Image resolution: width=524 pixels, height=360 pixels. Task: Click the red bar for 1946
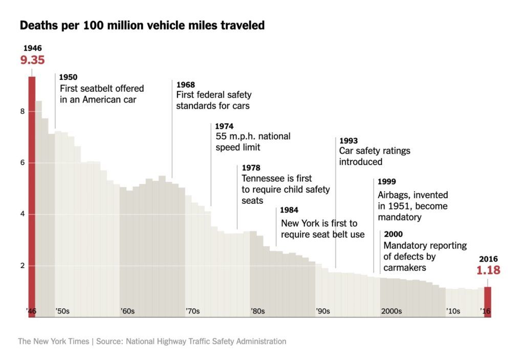[x=32, y=195]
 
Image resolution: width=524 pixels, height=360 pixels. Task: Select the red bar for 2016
[x=488, y=302]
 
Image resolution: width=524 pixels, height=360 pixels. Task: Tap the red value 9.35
[x=33, y=60]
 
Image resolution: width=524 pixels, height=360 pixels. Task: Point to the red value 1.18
[x=488, y=270]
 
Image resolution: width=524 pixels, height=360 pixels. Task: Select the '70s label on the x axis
[x=192, y=311]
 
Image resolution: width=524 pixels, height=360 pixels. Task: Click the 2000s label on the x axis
[x=391, y=311]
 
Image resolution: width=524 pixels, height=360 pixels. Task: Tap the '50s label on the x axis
[x=62, y=311]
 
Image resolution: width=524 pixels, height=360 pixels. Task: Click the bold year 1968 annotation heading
[x=186, y=84]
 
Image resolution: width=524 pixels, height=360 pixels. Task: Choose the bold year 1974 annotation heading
[x=225, y=126]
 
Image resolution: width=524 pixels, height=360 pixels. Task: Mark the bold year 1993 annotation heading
[x=348, y=141]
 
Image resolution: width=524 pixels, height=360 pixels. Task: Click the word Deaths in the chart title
[x=36, y=25]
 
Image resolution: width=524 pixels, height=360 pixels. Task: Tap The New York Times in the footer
[x=53, y=341]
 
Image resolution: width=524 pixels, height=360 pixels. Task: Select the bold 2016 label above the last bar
[x=488, y=259]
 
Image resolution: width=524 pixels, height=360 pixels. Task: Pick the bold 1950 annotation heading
[x=69, y=77]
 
